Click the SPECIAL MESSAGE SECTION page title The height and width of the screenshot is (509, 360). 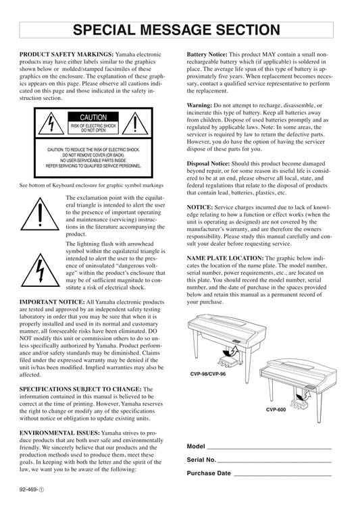[x=176, y=30]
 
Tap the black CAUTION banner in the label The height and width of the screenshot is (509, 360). [x=93, y=117]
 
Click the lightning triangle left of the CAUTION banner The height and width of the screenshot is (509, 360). [x=51, y=124]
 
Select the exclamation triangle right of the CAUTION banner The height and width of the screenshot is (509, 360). [x=135, y=124]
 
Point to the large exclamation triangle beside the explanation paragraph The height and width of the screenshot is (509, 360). [x=40, y=214]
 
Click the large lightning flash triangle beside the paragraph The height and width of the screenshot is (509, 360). [x=41, y=271]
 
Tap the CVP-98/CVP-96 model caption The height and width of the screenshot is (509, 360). [x=208, y=374]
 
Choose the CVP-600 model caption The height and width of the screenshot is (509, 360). [x=276, y=410]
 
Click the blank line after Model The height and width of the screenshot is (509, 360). [x=269, y=449]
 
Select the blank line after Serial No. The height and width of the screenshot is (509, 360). [x=274, y=462]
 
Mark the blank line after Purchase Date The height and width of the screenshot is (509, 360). [x=283, y=475]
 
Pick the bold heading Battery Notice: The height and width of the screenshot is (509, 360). [x=207, y=55]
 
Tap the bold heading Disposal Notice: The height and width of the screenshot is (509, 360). [x=208, y=163]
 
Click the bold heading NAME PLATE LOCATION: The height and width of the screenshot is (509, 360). [x=225, y=259]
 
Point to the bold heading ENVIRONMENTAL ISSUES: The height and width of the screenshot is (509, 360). [x=59, y=433]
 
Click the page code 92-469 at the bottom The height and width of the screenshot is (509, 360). [x=32, y=489]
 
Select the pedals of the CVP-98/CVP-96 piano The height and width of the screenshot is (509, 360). [x=228, y=359]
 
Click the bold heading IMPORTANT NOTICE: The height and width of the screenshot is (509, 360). [x=52, y=302]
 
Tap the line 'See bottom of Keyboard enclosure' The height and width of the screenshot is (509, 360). [x=91, y=186]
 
